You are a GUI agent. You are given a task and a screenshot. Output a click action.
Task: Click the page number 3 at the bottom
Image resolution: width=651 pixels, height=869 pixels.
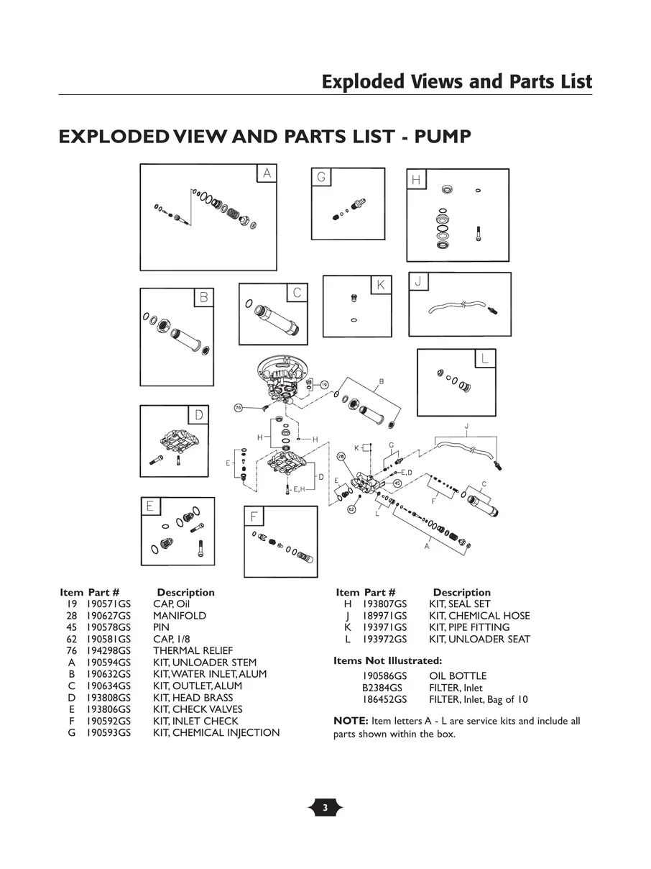[x=325, y=808]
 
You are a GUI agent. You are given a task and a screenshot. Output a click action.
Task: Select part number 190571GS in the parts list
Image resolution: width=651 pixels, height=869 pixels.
[x=108, y=604]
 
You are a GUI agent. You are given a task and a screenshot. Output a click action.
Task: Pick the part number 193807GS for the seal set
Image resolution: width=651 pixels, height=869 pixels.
[x=384, y=604]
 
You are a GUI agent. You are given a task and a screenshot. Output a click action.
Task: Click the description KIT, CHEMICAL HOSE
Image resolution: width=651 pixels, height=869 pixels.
[x=479, y=616]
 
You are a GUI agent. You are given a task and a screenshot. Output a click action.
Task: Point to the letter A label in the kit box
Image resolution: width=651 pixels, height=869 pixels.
[x=267, y=173]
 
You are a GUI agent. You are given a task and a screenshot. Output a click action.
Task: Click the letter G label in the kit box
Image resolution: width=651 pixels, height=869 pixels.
[x=321, y=177]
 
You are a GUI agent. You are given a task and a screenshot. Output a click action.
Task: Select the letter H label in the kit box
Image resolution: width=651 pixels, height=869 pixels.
[x=416, y=180]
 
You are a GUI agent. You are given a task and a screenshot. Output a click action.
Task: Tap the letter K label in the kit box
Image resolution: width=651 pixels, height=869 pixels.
[x=380, y=286]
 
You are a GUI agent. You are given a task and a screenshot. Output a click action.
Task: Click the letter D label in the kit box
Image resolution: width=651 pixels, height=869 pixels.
[x=199, y=415]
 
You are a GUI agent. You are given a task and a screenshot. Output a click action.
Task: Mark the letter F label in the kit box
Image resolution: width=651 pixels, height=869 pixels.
[x=254, y=517]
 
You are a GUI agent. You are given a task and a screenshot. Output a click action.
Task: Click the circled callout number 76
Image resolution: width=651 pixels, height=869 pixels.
[x=238, y=408]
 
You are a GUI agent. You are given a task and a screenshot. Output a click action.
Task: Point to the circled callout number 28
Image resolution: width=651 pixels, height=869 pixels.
[x=341, y=456]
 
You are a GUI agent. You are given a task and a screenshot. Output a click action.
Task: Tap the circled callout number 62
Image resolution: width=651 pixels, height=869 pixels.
[x=351, y=509]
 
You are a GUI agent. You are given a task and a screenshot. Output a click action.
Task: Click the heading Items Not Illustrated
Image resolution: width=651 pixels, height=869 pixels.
[x=388, y=660]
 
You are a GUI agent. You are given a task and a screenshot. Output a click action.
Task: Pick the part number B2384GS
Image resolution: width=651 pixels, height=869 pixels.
[x=382, y=688]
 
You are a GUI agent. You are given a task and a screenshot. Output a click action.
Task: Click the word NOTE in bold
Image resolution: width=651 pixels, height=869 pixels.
[x=351, y=721]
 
